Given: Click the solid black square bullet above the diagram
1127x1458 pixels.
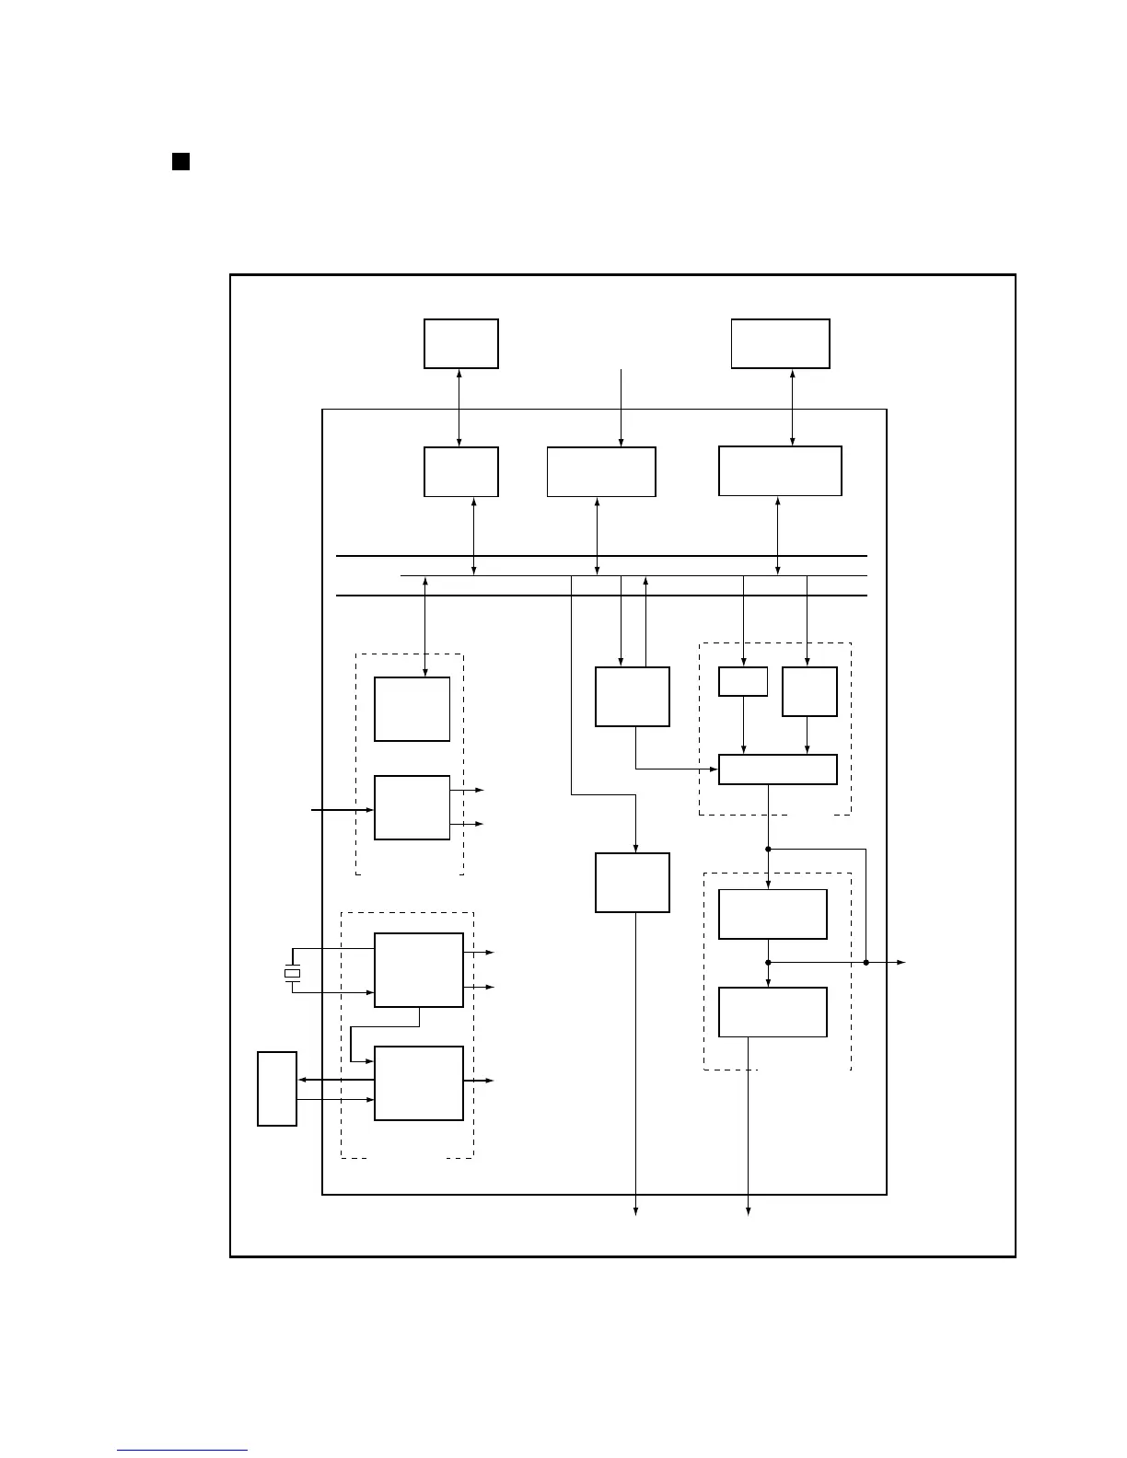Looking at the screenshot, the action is point(180,162).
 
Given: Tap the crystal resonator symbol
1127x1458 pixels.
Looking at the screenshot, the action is point(292,973).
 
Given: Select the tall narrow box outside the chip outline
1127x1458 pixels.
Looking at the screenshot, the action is point(276,1088).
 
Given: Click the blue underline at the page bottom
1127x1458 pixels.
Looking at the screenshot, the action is point(182,1451).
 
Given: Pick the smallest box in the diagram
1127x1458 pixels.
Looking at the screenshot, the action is point(742,681).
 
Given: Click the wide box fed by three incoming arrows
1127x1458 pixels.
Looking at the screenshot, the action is point(777,769).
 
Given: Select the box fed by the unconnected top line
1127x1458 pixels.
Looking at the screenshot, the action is point(601,471).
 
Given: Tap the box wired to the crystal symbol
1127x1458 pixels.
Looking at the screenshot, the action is point(418,970).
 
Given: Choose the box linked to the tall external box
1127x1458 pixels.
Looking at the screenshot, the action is point(418,1082).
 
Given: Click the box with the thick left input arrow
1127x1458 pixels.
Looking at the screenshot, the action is point(412,807).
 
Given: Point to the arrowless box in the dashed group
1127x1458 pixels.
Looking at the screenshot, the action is point(412,709).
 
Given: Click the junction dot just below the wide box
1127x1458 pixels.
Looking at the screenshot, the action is point(768,849).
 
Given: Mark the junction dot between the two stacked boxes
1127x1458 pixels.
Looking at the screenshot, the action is point(768,962).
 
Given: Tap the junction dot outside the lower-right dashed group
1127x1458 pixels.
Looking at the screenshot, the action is point(866,962).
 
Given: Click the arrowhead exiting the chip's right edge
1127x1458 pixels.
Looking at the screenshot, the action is point(902,962).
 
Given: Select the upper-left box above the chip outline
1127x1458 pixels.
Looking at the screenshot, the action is point(460,343).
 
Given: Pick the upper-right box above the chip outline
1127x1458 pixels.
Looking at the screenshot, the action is point(780,343).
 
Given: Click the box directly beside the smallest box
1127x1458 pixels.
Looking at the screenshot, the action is point(809,691).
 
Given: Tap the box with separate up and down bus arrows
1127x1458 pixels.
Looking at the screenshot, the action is point(632,697).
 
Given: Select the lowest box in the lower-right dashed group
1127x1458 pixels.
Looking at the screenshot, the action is point(772,1012).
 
